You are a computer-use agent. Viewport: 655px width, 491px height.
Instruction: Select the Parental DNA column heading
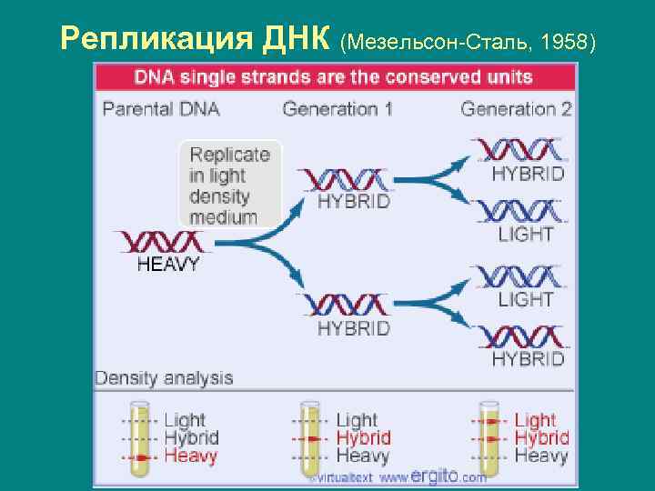click(x=161, y=110)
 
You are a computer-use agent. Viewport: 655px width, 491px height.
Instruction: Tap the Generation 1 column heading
click(x=338, y=110)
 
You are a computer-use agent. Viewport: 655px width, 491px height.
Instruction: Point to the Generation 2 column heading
click(x=516, y=110)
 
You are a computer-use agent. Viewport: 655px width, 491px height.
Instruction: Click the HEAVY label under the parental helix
click(x=168, y=266)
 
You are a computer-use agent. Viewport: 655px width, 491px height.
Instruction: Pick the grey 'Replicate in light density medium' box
click(x=230, y=184)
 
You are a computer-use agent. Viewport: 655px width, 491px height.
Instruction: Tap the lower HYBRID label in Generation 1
click(x=353, y=327)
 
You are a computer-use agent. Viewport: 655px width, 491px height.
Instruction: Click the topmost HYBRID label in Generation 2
click(x=528, y=173)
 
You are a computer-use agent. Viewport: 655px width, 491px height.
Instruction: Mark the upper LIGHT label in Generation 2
click(x=526, y=234)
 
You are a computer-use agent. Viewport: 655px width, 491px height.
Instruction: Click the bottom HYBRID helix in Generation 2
click(x=519, y=336)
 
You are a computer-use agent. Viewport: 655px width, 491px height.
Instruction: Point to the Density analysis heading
click(x=165, y=378)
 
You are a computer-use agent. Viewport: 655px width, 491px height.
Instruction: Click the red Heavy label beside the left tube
click(x=191, y=456)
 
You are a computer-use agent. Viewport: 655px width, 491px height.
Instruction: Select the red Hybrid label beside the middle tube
click(x=363, y=438)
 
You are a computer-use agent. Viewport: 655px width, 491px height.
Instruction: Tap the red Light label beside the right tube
click(x=535, y=420)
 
